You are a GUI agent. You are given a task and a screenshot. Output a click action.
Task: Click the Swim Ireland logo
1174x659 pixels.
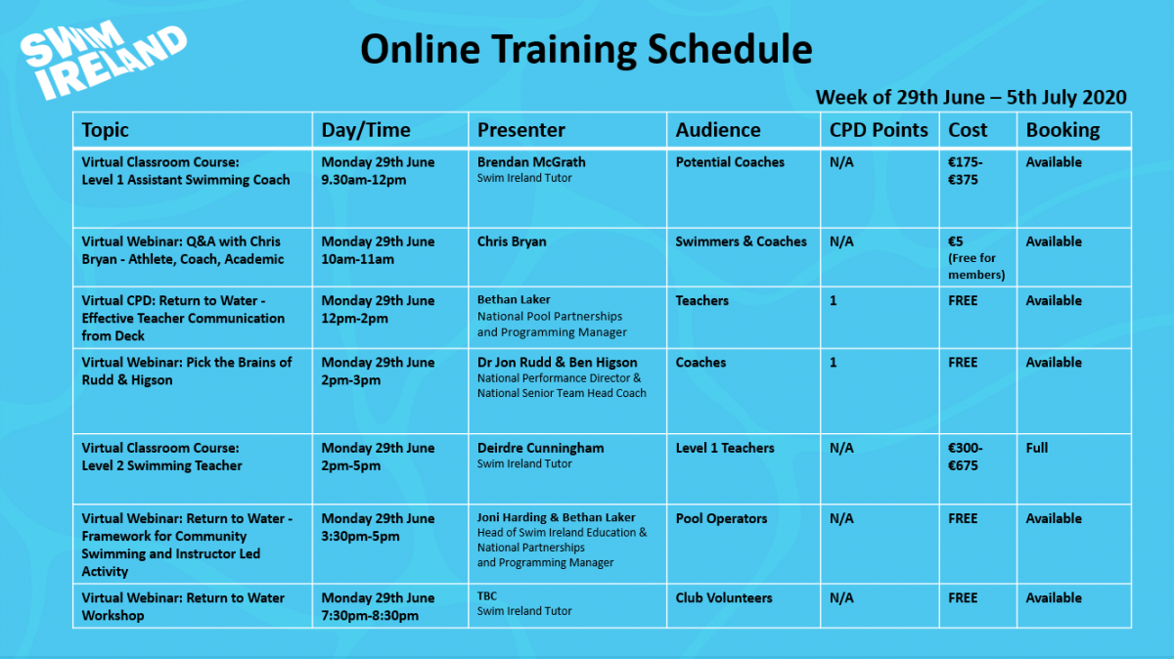click(104, 60)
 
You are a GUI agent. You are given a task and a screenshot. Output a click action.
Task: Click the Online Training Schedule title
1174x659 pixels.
click(586, 49)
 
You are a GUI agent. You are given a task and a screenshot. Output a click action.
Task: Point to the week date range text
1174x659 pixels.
click(971, 97)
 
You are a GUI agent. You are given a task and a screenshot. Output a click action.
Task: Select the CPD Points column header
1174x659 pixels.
click(879, 130)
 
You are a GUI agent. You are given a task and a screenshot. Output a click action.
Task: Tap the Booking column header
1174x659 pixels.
click(1062, 130)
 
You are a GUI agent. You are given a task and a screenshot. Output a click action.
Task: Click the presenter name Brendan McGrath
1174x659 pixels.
click(531, 162)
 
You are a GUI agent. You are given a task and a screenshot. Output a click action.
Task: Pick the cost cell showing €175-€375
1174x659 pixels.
click(965, 171)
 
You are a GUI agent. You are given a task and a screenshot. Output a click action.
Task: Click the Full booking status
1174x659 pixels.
click(1036, 448)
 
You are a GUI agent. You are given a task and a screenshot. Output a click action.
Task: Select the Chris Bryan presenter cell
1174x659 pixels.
click(512, 242)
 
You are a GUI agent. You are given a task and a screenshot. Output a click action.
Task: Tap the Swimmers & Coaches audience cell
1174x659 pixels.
click(741, 242)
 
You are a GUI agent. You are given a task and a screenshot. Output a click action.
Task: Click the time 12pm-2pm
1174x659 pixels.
click(354, 319)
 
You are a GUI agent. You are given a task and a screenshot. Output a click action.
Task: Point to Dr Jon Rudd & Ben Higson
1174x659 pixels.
click(557, 363)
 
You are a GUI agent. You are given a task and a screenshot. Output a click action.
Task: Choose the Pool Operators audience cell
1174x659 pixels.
click(721, 518)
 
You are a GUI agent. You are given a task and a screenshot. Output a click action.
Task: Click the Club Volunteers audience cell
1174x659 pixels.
click(723, 597)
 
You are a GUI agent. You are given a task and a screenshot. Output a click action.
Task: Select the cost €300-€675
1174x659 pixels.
click(965, 457)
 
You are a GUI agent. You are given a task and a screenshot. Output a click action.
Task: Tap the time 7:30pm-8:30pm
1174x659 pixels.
click(370, 616)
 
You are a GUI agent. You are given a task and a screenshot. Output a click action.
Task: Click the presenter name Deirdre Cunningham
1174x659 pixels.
click(540, 449)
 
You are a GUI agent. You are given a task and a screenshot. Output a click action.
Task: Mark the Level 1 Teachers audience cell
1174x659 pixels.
click(724, 448)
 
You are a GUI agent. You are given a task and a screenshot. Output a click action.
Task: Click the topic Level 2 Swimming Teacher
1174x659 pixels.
click(161, 465)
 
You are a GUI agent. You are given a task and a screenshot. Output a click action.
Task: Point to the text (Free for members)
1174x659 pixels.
click(976, 267)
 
